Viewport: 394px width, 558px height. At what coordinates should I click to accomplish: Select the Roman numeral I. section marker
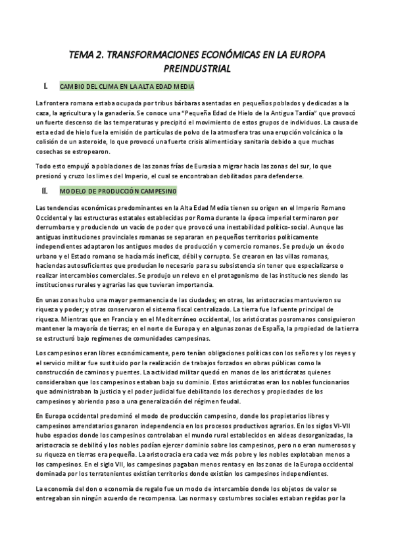45,86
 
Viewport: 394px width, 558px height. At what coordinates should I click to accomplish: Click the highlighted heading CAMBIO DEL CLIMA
126,86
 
